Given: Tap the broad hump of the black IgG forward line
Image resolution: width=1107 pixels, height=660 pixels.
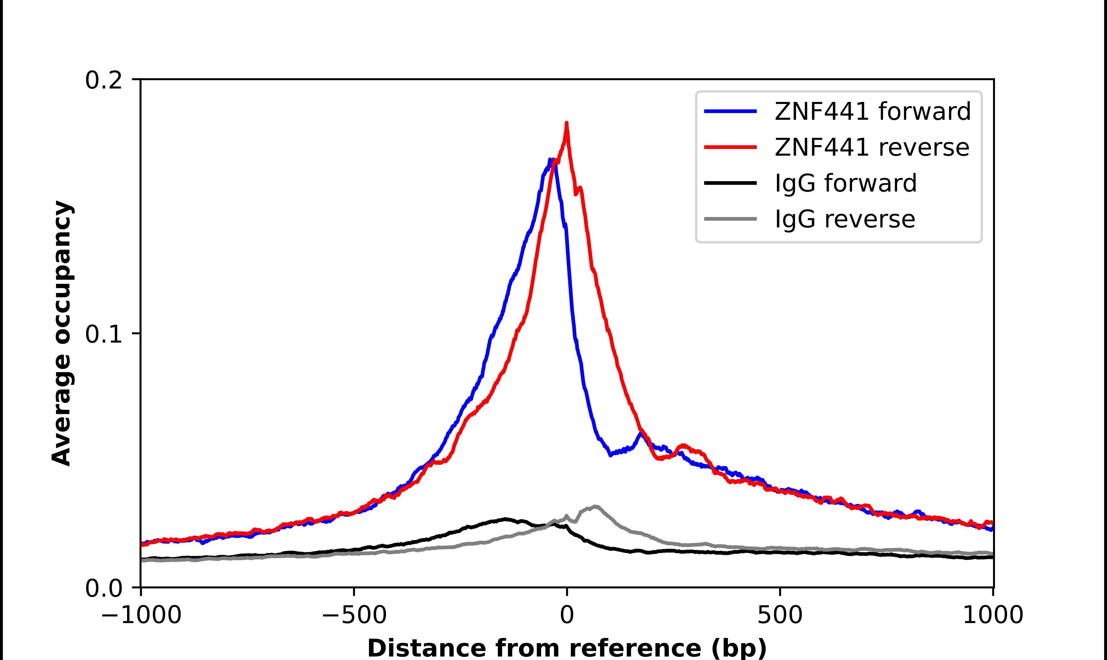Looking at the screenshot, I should point(505,519).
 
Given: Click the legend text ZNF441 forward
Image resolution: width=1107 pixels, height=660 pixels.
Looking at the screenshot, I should point(872,111).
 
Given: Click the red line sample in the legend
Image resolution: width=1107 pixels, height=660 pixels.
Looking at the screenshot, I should point(730,147).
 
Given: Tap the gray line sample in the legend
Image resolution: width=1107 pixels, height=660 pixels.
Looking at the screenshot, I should point(730,219).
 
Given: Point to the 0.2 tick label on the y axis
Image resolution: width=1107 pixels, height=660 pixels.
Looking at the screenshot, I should point(103,80).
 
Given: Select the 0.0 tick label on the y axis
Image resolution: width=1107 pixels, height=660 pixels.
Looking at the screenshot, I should point(103,588).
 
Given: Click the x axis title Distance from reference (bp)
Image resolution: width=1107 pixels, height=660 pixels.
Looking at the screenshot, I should point(567,648).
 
